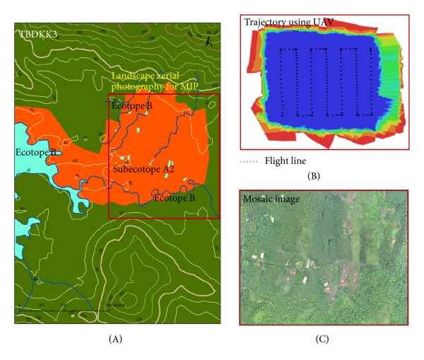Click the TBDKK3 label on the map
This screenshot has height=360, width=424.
click(35, 33)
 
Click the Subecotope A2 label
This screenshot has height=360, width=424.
click(144, 170)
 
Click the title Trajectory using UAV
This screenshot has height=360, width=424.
click(284, 23)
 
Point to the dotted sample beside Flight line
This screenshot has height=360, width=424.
click(249, 161)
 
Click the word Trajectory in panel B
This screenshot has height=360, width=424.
click(265, 23)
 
